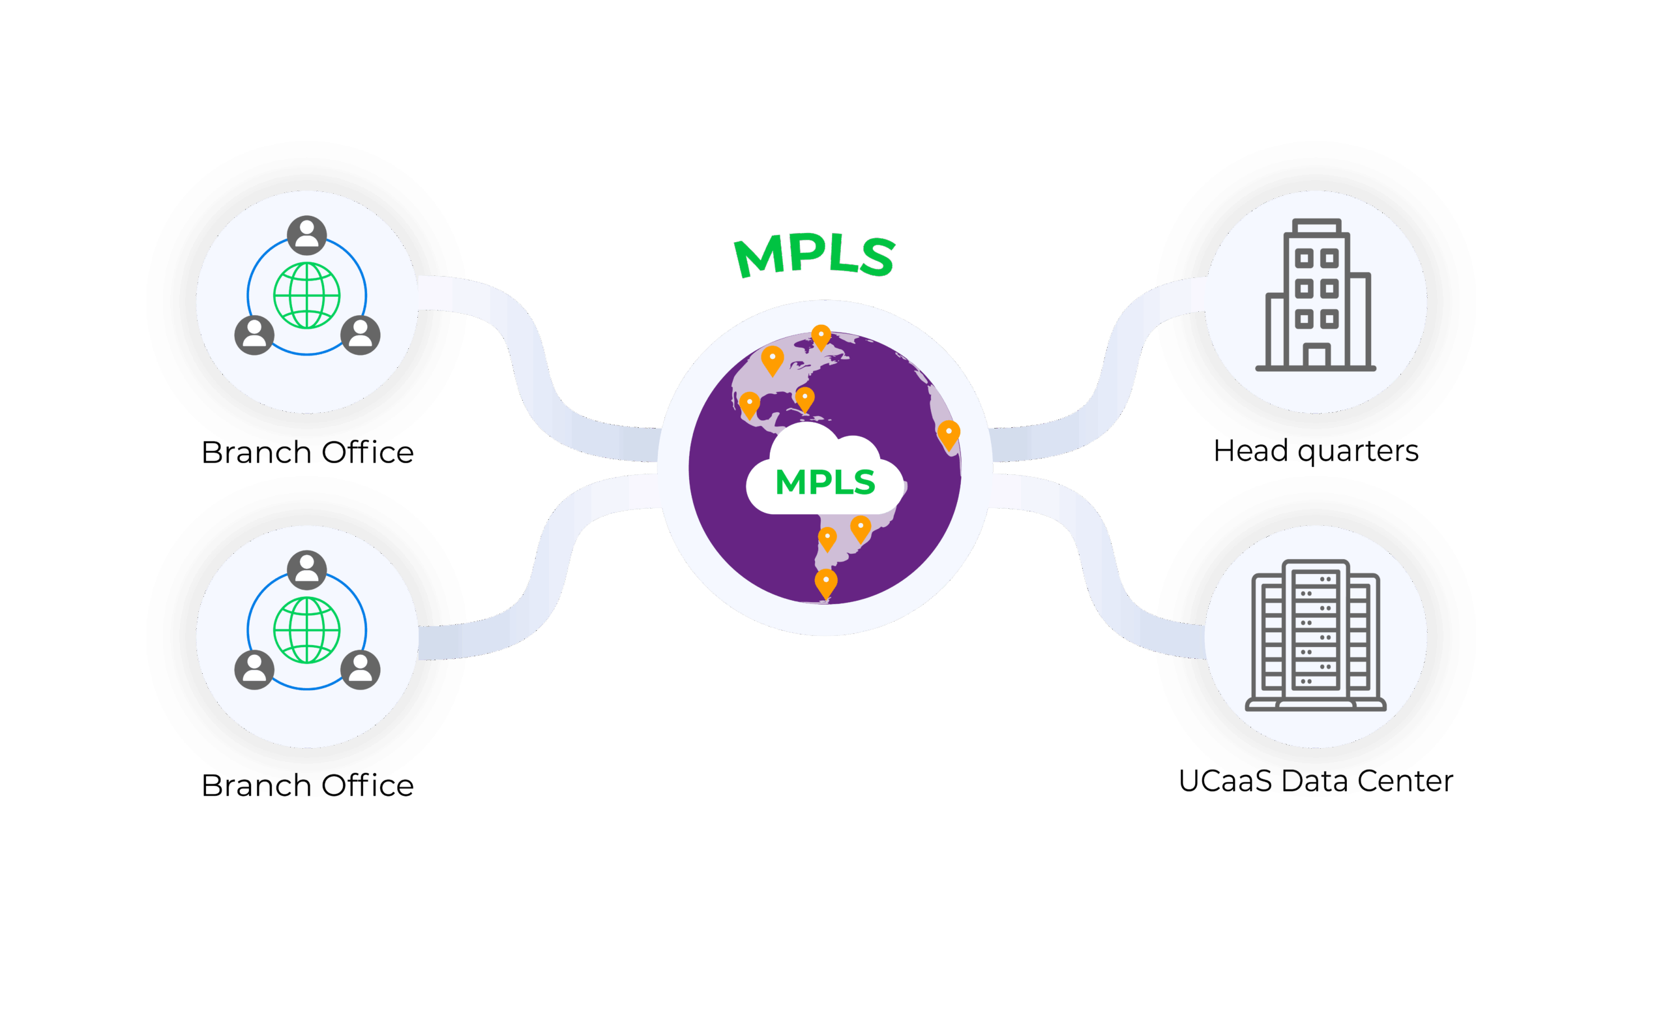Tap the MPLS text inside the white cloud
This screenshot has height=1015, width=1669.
pyautogui.click(x=825, y=483)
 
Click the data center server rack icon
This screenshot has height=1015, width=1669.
pyautogui.click(x=1316, y=635)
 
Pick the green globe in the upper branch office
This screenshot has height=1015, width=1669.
pyautogui.click(x=307, y=295)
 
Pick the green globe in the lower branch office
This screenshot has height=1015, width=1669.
pyautogui.click(x=307, y=629)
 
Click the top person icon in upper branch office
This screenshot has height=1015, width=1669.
pyautogui.click(x=307, y=235)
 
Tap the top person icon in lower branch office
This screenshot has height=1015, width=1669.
pyautogui.click(x=307, y=569)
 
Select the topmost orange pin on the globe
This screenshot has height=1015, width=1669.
pyautogui.click(x=821, y=336)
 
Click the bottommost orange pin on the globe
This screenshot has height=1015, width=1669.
pyautogui.click(x=825, y=583)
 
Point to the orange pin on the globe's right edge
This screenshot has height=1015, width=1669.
pyautogui.click(x=949, y=434)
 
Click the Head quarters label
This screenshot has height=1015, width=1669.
pyautogui.click(x=1316, y=451)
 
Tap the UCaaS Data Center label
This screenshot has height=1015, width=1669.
pyautogui.click(x=1316, y=781)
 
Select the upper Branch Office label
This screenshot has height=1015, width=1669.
pyautogui.click(x=309, y=453)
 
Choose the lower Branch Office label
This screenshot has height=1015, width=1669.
pyautogui.click(x=309, y=785)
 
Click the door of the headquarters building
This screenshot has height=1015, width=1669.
pyautogui.click(x=1316, y=356)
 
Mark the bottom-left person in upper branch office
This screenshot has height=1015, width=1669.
pyautogui.click(x=254, y=335)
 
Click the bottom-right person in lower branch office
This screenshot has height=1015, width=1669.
pyautogui.click(x=361, y=669)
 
